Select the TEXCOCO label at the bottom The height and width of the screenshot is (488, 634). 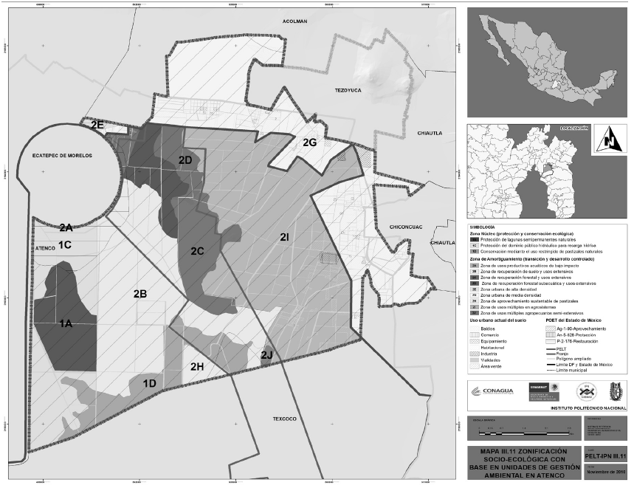284,419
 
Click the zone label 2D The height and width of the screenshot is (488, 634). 185,160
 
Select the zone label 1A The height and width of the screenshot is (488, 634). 66,323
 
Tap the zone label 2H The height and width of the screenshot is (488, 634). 197,367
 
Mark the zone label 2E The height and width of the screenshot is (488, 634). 97,126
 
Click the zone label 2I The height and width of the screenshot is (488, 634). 284,237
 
